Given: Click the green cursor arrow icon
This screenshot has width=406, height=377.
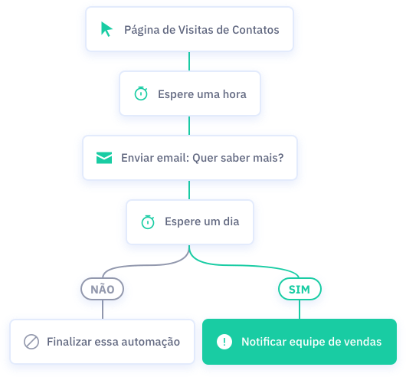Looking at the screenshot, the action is pyautogui.click(x=106, y=29).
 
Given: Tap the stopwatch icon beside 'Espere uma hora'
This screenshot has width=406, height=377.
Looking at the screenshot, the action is pyautogui.click(x=141, y=93).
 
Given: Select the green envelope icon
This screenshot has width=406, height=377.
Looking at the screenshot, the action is pyautogui.click(x=104, y=158).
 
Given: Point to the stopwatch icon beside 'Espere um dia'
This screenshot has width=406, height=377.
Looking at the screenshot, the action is pyautogui.click(x=148, y=222).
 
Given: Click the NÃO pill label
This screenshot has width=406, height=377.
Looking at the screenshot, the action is pyautogui.click(x=103, y=289).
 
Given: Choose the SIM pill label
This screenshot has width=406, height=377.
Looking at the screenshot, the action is pyautogui.click(x=300, y=289).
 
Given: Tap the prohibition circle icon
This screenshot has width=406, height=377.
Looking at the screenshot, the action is pyautogui.click(x=31, y=342).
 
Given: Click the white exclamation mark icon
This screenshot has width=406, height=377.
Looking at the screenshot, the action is pyautogui.click(x=224, y=342).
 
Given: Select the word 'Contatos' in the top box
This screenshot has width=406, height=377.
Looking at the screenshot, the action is pyautogui.click(x=256, y=30).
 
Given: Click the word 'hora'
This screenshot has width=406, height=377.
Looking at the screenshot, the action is pyautogui.click(x=234, y=94).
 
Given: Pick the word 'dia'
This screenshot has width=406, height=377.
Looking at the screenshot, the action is pyautogui.click(x=231, y=221).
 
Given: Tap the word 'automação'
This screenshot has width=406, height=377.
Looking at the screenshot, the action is pyautogui.click(x=151, y=343).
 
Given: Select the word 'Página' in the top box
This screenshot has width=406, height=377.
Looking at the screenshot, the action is pyautogui.click(x=142, y=31).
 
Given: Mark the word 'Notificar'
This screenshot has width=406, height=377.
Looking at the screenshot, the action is pyautogui.click(x=264, y=342).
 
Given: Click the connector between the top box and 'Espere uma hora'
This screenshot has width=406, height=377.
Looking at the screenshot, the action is pyautogui.click(x=189, y=61).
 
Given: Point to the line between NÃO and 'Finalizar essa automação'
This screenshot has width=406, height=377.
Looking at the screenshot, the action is pyautogui.click(x=103, y=310).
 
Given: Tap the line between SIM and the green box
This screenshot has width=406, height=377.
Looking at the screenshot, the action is pyautogui.click(x=300, y=310).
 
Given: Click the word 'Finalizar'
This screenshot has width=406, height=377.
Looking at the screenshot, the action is pyautogui.click(x=69, y=342).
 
